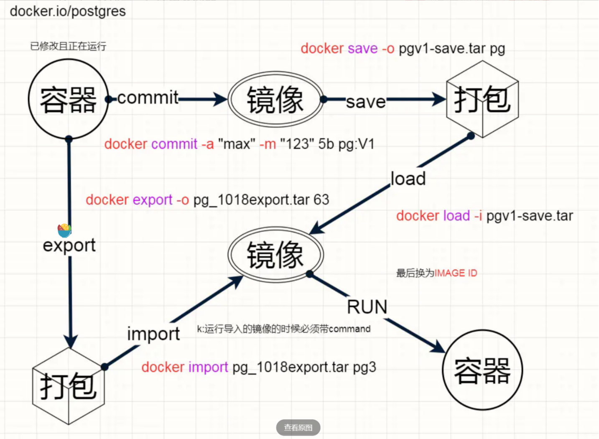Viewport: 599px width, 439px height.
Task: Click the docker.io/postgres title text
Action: pyautogui.click(x=68, y=11)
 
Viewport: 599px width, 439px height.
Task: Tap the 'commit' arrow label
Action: pyautogui.click(x=148, y=98)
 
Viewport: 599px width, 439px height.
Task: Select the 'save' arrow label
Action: pyautogui.click(x=366, y=102)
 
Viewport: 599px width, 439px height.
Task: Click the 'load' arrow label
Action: pyautogui.click(x=408, y=179)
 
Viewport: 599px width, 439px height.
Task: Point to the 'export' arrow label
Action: pyautogui.click(x=69, y=245)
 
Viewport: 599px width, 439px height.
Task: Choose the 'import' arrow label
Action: pyautogui.click(x=153, y=334)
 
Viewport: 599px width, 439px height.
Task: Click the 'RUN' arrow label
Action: pyautogui.click(x=367, y=307)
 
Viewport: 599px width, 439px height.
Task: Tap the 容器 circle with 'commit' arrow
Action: pyautogui.click(x=69, y=100)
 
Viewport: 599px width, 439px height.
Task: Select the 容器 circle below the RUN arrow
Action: pyautogui.click(x=482, y=370)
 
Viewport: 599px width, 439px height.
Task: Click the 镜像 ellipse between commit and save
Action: pyautogui.click(x=275, y=100)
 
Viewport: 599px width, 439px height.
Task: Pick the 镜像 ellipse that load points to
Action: pyautogui.click(x=275, y=255)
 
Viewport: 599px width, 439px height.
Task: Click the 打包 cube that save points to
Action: pyautogui.click(x=482, y=100)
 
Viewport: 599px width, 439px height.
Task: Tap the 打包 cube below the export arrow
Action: pyautogui.click(x=69, y=386)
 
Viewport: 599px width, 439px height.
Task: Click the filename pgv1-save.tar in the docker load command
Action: pyautogui.click(x=530, y=216)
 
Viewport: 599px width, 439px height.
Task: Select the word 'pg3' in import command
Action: pyautogui.click(x=364, y=367)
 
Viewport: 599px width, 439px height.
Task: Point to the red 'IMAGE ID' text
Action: pyautogui.click(x=456, y=273)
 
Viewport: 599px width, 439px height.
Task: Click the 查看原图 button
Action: pyautogui.click(x=298, y=427)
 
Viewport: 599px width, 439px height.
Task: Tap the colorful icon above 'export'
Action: pyautogui.click(x=64, y=230)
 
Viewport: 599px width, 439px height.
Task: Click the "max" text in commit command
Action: pyautogui.click(x=237, y=144)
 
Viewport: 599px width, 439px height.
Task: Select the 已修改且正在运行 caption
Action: pyautogui.click(x=68, y=46)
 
